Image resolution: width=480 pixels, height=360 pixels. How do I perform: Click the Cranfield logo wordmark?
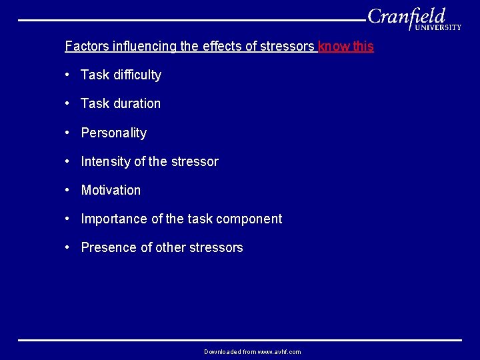406,16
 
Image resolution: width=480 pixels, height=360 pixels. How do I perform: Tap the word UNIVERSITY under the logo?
438,28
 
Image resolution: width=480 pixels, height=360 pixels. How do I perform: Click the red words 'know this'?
346,47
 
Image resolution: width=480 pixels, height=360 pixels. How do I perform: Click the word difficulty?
137,75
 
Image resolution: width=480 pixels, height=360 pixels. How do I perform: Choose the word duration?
137,104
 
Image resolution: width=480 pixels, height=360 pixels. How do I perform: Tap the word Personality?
113,133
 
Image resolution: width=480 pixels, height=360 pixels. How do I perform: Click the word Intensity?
106,161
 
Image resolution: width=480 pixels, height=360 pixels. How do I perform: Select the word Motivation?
111,190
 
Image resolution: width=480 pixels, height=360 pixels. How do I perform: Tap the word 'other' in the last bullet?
171,247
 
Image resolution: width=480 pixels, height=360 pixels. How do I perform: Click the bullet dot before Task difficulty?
68,75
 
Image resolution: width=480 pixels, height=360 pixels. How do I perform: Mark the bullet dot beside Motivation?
68,189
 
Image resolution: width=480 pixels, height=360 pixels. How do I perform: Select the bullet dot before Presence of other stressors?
68,247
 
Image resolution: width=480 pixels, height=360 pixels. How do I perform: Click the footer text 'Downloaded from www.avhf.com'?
252,351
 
